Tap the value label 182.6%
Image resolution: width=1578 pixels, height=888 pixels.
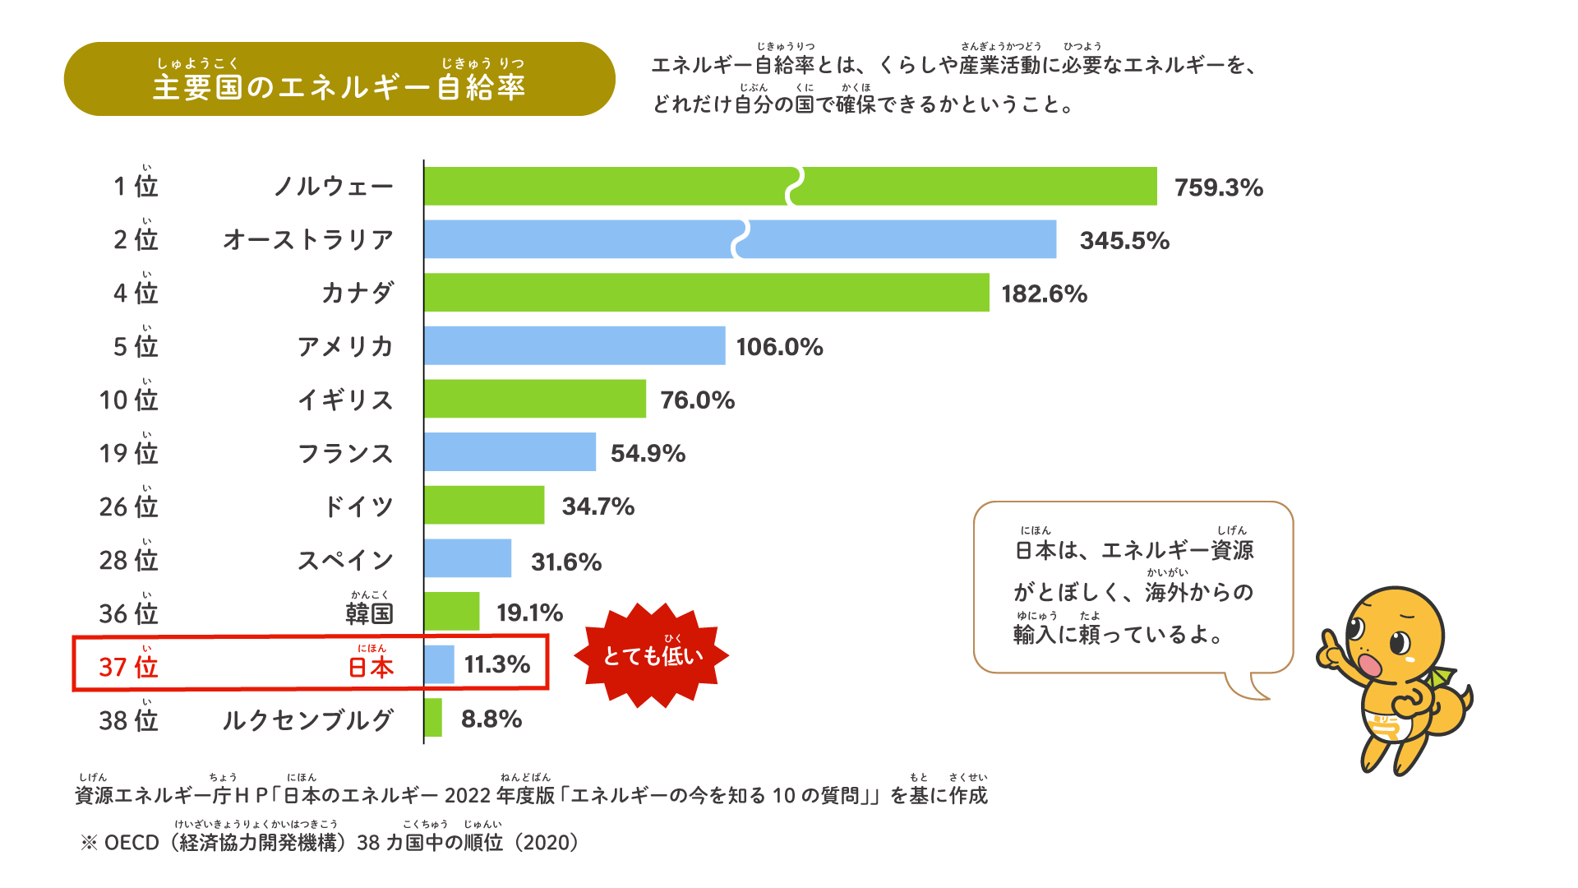coord(1044,294)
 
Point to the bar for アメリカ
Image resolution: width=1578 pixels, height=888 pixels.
coord(574,345)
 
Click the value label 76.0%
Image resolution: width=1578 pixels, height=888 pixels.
coord(697,400)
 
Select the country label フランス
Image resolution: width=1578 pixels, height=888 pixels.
coord(345,453)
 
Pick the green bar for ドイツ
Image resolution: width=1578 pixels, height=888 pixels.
coord(484,505)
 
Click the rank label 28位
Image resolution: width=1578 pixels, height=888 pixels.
coord(128,559)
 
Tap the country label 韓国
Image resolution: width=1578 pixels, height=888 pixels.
coord(369,613)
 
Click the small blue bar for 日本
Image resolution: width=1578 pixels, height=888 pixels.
coord(439,664)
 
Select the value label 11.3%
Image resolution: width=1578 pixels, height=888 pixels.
coord(497,664)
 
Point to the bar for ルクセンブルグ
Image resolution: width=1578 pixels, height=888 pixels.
coord(433,718)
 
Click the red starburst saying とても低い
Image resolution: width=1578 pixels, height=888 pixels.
coord(652,655)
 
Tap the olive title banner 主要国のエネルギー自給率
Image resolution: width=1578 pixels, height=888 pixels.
coord(339,80)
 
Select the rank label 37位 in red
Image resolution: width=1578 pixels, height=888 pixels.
coord(128,666)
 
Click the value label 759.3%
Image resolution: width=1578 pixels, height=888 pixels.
coord(1218,187)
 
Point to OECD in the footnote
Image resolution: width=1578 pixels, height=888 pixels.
coord(131,843)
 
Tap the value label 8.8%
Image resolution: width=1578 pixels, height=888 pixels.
coord(491,719)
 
